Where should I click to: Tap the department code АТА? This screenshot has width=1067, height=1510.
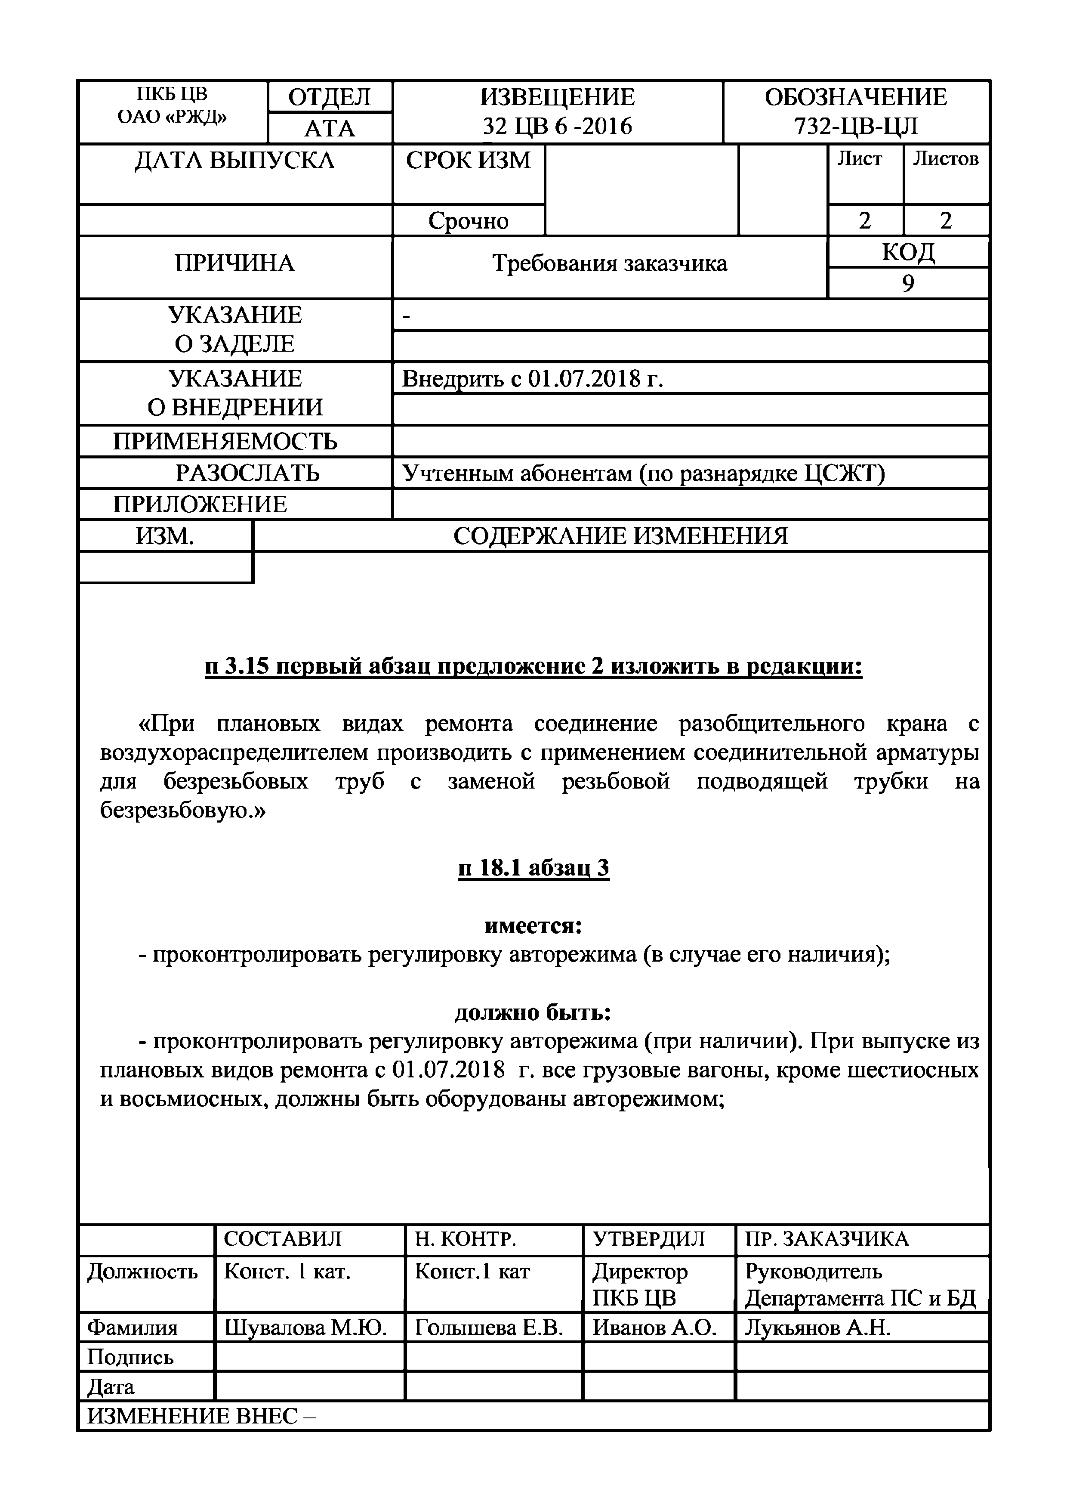pyautogui.click(x=330, y=129)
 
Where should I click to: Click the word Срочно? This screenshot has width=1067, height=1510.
pyautogui.click(x=468, y=221)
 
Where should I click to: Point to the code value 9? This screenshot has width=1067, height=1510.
pyautogui.click(x=908, y=284)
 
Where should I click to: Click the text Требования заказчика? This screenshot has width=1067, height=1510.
pyautogui.click(x=609, y=264)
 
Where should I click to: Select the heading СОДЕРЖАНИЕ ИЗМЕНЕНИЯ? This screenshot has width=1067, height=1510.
pyautogui.click(x=620, y=537)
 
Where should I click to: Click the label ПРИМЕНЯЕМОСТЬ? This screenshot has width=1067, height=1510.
pyautogui.click(x=225, y=441)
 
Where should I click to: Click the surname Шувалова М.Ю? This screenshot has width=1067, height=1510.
pyautogui.click(x=305, y=1328)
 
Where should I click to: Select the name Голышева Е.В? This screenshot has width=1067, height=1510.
pyautogui.click(x=489, y=1328)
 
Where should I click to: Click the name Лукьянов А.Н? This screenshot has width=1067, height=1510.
pyautogui.click(x=817, y=1328)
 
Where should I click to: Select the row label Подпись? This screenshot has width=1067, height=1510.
pyautogui.click(x=130, y=1357)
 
